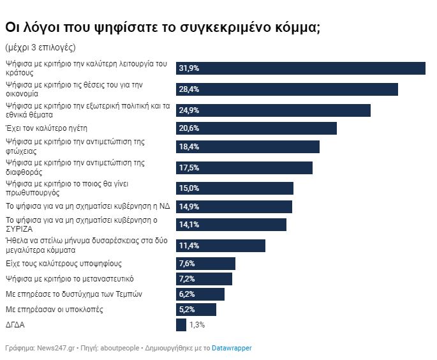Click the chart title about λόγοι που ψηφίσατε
(162, 27)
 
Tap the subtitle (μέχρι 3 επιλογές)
(40, 48)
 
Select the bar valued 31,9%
(300, 68)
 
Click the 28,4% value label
(189, 89)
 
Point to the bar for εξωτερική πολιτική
(273, 110)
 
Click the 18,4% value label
(189, 147)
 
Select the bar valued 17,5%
(244, 168)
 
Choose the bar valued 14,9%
(234, 207)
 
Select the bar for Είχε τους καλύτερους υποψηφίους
(205, 264)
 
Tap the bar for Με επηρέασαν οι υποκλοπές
(196, 310)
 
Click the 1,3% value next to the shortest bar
(196, 325)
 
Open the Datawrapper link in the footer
(232, 348)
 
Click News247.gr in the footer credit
(57, 348)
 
